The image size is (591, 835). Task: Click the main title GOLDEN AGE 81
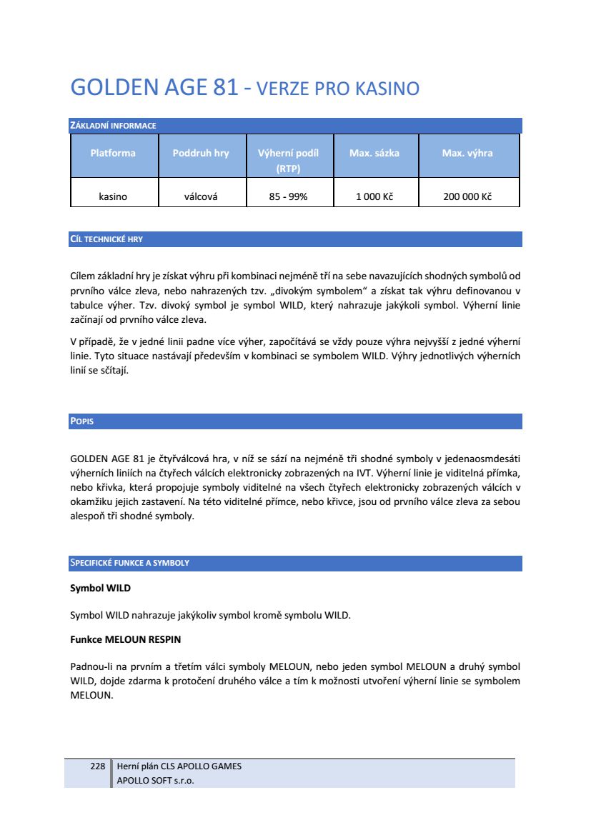[x=154, y=88]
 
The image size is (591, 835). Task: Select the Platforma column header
[x=113, y=153]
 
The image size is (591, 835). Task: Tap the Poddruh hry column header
[x=201, y=153]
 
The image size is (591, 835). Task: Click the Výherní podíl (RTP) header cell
[x=288, y=161]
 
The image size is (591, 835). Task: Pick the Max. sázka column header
[x=374, y=153]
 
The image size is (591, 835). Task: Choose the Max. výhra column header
[x=467, y=153]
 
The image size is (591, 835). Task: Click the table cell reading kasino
[x=113, y=196]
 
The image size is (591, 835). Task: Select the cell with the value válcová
[x=201, y=196]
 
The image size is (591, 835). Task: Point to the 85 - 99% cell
[x=288, y=196]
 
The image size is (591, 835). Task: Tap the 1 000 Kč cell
[x=374, y=196]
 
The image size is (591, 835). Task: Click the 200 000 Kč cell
[x=467, y=196]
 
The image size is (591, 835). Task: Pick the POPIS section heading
[x=82, y=421]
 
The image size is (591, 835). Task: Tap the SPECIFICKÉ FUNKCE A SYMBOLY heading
[x=129, y=563]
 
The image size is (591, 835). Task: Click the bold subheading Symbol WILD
[x=100, y=589]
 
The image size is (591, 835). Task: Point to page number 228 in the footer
[x=98, y=766]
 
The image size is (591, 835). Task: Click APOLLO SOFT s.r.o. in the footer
[x=155, y=780]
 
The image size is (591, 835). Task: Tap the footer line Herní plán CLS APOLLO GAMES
[x=179, y=766]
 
